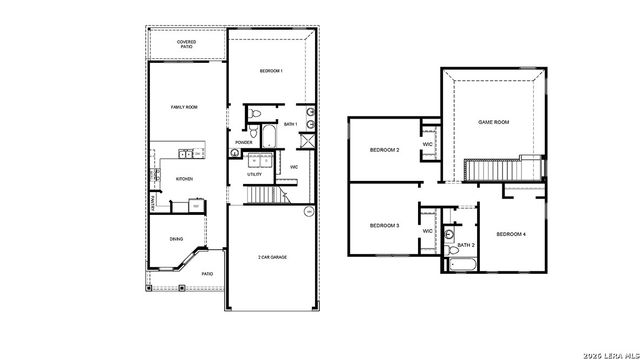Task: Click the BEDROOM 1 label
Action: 272,71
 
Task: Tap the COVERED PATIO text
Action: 186,45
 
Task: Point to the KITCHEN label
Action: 185,179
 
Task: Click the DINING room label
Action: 176,238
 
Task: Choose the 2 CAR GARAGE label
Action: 272,257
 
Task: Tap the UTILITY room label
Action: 255,175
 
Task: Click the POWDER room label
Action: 243,142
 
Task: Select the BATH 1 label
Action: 291,124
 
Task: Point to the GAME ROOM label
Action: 494,121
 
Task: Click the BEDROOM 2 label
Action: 384,150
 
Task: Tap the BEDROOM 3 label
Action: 384,226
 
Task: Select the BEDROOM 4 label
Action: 511,234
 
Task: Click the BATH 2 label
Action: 466,245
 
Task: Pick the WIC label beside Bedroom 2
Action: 427,144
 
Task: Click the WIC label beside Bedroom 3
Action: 427,231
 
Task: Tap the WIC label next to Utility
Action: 294,167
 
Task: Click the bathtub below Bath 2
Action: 464,265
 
